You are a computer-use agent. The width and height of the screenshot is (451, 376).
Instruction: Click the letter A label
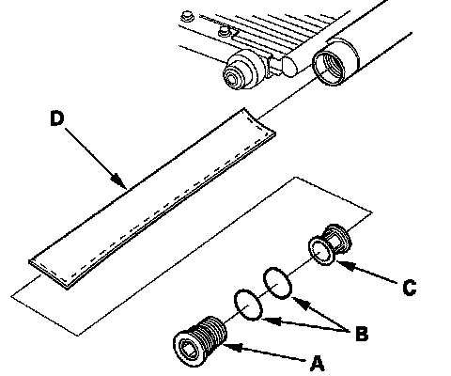[318, 364]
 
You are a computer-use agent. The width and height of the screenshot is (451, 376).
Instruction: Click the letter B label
[362, 334]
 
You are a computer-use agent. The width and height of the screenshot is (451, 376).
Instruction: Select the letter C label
[410, 288]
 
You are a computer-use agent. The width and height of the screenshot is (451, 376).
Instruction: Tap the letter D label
[57, 118]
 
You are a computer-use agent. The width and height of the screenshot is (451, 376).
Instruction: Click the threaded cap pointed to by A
[200, 341]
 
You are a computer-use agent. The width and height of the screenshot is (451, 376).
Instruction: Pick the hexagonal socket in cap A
[187, 349]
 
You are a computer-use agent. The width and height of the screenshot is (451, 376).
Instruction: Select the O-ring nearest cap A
[248, 305]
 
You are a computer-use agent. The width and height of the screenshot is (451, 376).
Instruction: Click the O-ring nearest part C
[278, 283]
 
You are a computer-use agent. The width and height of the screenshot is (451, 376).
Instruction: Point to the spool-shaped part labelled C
[330, 244]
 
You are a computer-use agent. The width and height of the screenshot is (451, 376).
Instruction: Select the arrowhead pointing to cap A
[232, 347]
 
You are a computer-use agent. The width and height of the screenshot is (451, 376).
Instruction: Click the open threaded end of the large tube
[329, 68]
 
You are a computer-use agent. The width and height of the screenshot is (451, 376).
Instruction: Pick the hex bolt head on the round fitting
[232, 78]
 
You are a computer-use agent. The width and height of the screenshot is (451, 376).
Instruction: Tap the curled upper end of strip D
[259, 122]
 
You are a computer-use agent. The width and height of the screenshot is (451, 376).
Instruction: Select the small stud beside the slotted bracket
[225, 31]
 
